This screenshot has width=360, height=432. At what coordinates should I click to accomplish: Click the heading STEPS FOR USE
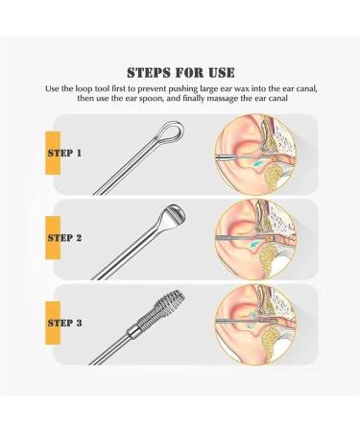pyautogui.click(x=180, y=73)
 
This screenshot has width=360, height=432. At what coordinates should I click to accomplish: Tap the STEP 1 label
pyautogui.click(x=64, y=153)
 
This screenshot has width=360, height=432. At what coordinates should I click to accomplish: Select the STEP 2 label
pyautogui.click(x=64, y=238)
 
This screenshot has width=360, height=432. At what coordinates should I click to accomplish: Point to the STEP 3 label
pyautogui.click(x=64, y=323)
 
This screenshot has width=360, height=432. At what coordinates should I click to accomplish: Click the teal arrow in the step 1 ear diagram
pyautogui.click(x=258, y=164)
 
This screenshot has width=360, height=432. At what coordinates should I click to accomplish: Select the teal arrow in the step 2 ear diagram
pyautogui.click(x=255, y=245)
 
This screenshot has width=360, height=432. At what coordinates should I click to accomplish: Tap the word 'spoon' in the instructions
pyautogui.click(x=153, y=98)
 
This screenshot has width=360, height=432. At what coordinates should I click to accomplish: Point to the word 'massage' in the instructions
pyautogui.click(x=223, y=98)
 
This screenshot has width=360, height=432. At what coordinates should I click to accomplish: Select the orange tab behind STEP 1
pyautogui.click(x=53, y=153)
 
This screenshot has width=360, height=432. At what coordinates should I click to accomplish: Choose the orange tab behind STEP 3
pyautogui.click(x=53, y=323)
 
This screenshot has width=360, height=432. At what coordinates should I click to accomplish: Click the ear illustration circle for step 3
pyautogui.click(x=256, y=324)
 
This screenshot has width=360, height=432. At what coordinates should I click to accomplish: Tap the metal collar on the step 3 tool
pyautogui.click(x=133, y=330)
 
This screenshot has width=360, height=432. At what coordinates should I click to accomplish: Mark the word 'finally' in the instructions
pyautogui.click(x=193, y=98)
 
